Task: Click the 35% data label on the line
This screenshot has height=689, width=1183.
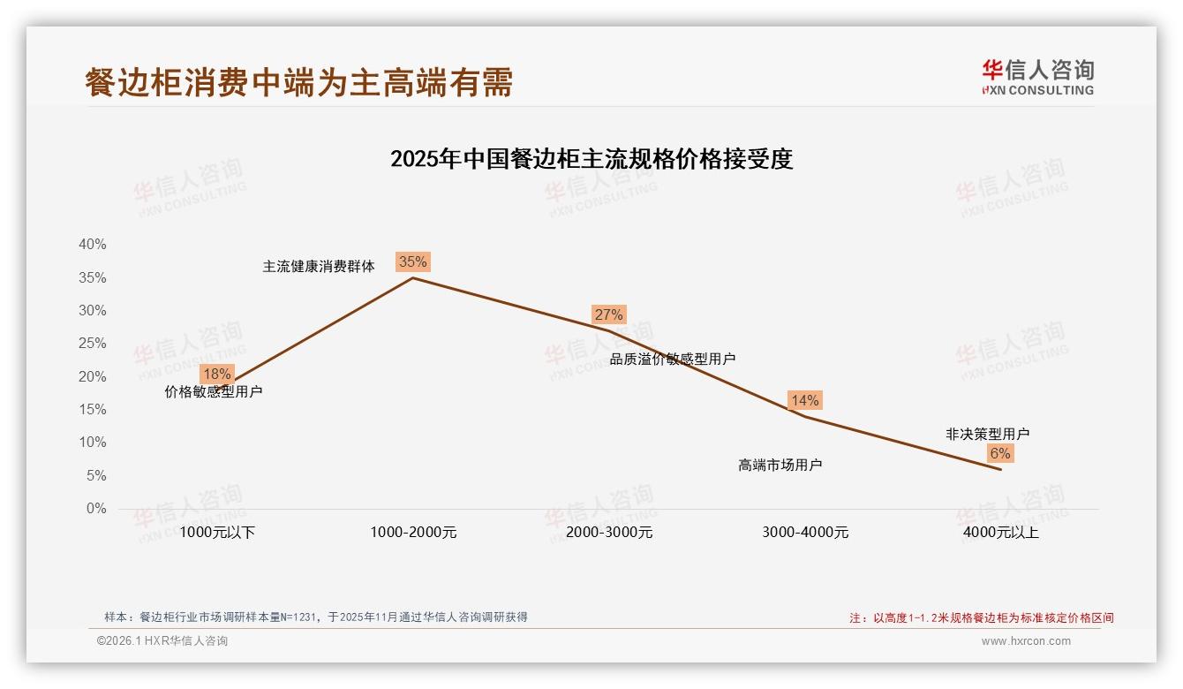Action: click(413, 261)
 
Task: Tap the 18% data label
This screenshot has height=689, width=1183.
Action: click(216, 374)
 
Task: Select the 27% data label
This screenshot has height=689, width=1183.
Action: click(609, 314)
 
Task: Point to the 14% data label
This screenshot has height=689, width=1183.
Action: click(805, 400)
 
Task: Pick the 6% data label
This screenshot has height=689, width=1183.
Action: click(1000, 453)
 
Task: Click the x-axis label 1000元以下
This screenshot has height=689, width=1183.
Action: click(217, 533)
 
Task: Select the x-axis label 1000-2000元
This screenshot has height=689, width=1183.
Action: click(413, 533)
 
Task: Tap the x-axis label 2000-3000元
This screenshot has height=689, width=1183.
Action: click(609, 533)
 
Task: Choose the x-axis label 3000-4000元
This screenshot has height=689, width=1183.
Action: click(805, 533)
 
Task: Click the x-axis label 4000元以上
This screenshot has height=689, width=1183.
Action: click(1001, 533)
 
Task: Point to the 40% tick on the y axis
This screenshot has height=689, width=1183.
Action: click(93, 245)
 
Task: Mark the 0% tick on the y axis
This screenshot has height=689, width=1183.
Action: click(96, 509)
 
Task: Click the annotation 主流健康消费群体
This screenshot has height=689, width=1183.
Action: click(319, 266)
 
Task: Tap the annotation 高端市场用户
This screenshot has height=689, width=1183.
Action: click(780, 466)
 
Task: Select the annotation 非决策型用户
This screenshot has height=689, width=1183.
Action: click(987, 434)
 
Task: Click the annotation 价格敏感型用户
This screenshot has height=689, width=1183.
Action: click(214, 391)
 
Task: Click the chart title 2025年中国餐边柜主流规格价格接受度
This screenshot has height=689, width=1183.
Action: click(591, 159)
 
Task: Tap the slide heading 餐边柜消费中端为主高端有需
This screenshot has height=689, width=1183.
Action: click(298, 82)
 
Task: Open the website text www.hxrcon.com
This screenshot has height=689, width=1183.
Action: click(1026, 641)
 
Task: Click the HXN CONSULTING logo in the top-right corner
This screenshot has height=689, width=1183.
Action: click(1037, 77)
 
